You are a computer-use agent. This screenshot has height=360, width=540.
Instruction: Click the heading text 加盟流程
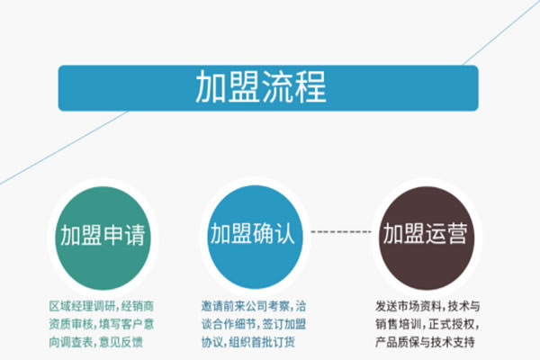pos(261,86)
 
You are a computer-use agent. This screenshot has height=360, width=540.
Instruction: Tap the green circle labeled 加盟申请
pos(103,238)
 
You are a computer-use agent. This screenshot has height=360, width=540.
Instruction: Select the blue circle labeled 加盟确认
pos(255,237)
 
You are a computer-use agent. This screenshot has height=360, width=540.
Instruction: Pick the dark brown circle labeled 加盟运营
pos(427,238)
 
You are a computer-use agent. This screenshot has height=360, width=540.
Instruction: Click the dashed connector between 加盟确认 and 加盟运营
pos(341,232)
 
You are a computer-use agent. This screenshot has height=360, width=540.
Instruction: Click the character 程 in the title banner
pos(310,86)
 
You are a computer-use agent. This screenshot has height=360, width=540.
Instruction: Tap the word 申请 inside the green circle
pos(124,235)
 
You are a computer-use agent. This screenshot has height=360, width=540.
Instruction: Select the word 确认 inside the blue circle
pos(274,234)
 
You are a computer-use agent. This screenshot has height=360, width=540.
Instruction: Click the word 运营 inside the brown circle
pos(446,234)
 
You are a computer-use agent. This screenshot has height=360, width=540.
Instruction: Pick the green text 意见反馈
pos(121,342)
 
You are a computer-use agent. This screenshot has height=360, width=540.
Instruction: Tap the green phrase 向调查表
pos(71,342)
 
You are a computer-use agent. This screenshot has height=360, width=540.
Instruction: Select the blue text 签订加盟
pos(284,324)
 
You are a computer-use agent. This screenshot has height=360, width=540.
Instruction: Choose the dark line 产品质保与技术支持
pos(425,342)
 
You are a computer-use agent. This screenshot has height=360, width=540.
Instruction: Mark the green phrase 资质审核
pos(71,324)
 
